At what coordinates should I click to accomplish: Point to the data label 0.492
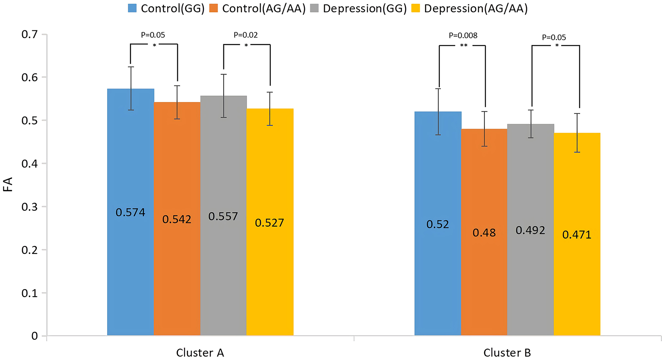click(530, 230)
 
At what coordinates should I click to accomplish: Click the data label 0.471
click(577, 235)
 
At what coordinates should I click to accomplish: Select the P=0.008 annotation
click(463, 36)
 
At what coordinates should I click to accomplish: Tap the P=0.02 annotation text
click(246, 35)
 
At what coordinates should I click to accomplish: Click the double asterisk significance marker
click(464, 46)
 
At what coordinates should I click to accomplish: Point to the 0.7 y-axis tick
click(30, 34)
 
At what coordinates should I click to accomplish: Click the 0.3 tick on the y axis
click(30, 207)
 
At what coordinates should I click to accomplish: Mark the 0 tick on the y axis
click(34, 336)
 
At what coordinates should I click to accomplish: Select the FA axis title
click(8, 184)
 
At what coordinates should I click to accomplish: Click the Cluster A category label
click(200, 353)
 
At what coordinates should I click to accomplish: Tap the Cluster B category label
click(507, 353)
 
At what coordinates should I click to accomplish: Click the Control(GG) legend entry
click(166, 8)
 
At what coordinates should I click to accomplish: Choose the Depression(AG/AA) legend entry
click(470, 8)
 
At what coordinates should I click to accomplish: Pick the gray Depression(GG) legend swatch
click(314, 8)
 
